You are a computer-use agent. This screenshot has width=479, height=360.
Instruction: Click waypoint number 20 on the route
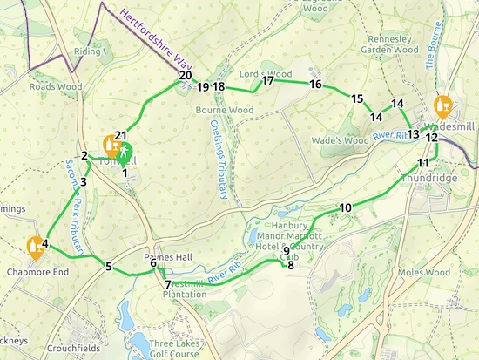tap(185, 76)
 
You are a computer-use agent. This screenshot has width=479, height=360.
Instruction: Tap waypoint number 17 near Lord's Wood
tap(267, 81)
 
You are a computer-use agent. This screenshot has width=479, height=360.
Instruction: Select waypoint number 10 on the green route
tap(346, 207)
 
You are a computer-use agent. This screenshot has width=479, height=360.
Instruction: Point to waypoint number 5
tap(109, 267)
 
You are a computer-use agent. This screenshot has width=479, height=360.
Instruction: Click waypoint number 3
tap(84, 182)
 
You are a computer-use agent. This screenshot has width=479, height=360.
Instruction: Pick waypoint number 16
tap(315, 85)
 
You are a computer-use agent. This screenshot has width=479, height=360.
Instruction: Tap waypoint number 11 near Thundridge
tap(423, 164)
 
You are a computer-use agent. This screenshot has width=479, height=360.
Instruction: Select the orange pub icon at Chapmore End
tap(36, 247)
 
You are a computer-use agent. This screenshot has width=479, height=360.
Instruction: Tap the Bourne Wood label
tap(224, 111)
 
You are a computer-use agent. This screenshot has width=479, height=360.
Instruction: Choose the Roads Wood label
tap(55, 87)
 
